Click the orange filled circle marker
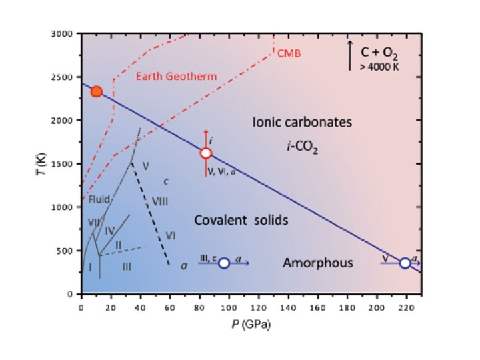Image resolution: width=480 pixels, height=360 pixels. [x=97, y=91]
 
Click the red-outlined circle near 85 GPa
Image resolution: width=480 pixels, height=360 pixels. [x=206, y=153]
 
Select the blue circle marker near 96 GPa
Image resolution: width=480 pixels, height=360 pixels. [x=224, y=263]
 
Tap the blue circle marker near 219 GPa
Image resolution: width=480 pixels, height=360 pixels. [x=405, y=263]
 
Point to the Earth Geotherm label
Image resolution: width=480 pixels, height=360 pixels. [x=177, y=77]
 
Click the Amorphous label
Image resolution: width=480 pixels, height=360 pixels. [x=317, y=263]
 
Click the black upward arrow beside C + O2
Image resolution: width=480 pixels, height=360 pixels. [x=350, y=55]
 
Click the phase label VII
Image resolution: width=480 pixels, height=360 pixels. [x=94, y=221]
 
